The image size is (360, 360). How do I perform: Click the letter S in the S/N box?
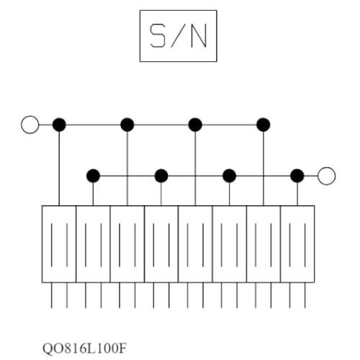tap(158, 35)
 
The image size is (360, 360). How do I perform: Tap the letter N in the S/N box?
tap(199, 35)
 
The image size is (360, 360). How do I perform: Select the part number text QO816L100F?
tap(84, 348)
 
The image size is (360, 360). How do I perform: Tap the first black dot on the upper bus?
tap(59, 125)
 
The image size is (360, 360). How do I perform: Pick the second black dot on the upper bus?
tap(127, 125)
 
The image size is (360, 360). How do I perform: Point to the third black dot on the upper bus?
tap(195, 125)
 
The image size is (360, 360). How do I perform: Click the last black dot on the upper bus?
tap(264, 125)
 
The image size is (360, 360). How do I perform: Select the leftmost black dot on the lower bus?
tap(93, 176)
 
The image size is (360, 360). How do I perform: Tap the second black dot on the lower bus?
tap(161, 176)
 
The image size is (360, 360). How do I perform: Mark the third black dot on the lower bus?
tap(229, 176)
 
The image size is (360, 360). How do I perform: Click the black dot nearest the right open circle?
tap(297, 176)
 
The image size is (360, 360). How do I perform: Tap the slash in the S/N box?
tap(179, 35)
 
